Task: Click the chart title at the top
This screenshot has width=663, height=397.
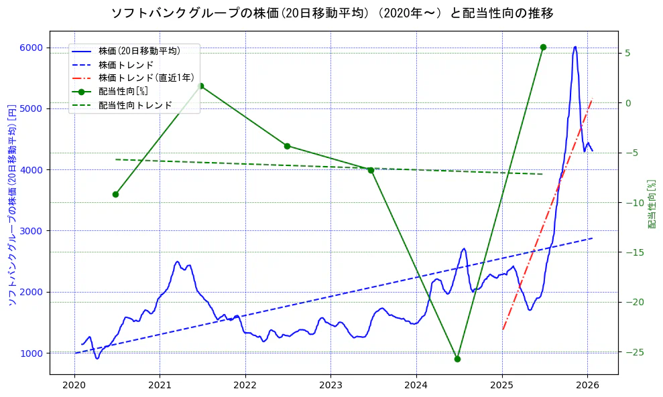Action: (x=332, y=13)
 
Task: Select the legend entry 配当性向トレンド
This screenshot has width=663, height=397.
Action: (x=135, y=105)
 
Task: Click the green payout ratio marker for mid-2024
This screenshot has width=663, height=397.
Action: (x=457, y=359)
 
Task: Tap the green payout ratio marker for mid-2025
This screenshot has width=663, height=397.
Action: (x=543, y=47)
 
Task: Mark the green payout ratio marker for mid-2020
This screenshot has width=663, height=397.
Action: (x=115, y=194)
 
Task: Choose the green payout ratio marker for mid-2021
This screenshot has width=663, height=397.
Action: (x=200, y=86)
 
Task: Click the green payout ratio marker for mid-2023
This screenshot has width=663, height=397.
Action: (x=371, y=170)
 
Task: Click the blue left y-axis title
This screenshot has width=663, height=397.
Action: (x=11, y=204)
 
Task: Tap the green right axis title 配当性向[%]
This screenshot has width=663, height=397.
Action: (x=651, y=204)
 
